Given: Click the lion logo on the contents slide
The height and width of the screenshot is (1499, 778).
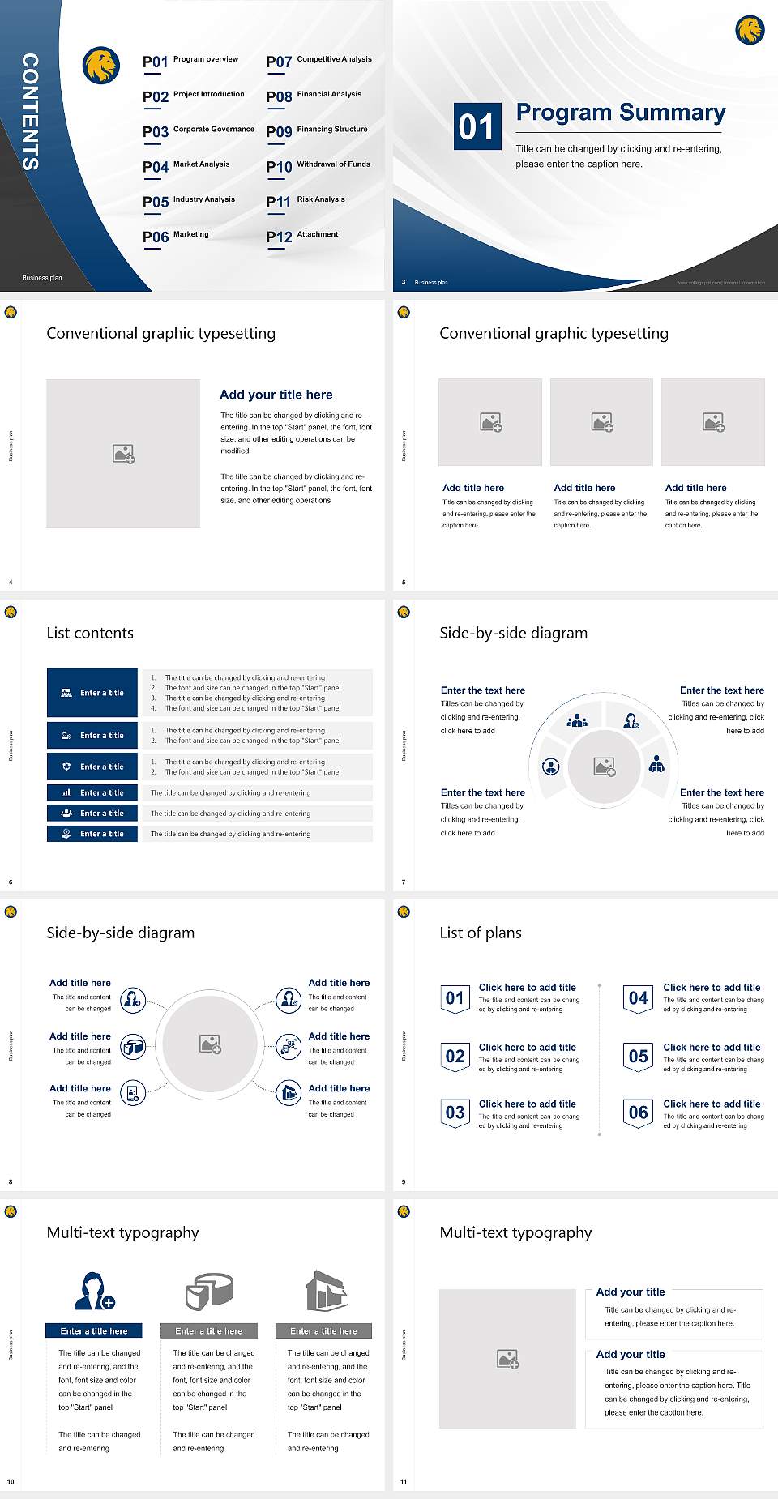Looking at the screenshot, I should (x=101, y=66).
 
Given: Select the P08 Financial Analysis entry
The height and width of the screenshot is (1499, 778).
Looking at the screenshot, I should (x=314, y=96).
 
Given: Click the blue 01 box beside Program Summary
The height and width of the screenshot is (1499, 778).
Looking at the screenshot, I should (x=477, y=126).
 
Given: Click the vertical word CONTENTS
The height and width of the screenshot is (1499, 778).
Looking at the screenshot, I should (x=30, y=112).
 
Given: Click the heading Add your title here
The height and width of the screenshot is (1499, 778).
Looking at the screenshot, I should (x=276, y=395).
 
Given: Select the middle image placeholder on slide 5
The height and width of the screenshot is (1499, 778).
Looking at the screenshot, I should (x=601, y=422).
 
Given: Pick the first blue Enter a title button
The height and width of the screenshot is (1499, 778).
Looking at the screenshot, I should (x=92, y=693).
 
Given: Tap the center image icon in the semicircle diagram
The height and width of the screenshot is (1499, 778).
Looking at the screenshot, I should (x=605, y=767).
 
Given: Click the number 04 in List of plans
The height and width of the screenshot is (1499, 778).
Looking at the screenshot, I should (x=639, y=998).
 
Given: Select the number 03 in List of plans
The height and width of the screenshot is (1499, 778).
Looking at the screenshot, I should (x=455, y=1113).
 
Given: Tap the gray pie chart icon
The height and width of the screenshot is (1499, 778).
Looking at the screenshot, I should (x=209, y=1291).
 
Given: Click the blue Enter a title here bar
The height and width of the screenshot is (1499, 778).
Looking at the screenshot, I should (x=93, y=1331).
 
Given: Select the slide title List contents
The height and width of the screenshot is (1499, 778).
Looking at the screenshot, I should (x=90, y=633).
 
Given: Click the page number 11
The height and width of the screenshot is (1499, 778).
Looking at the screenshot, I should (x=404, y=1482).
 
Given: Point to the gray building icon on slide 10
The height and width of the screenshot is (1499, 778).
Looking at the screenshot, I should (x=326, y=1291).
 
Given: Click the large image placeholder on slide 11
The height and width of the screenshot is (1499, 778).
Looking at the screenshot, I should (x=507, y=1359).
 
